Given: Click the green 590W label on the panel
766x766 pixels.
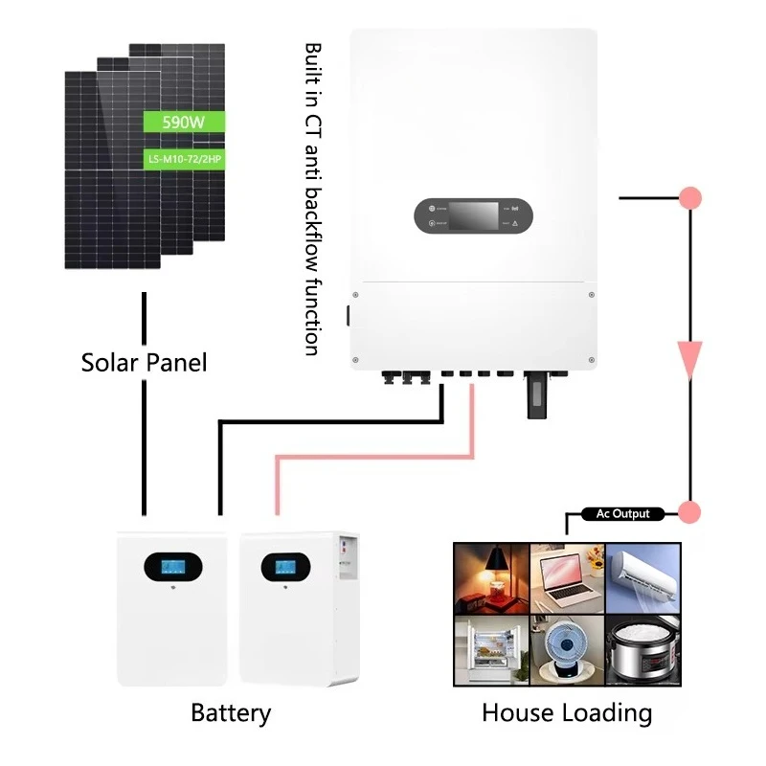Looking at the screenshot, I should (183, 122).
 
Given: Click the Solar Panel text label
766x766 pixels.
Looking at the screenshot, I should (144, 363).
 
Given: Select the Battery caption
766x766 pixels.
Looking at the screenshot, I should (231, 713).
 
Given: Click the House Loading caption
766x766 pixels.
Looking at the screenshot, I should (567, 713).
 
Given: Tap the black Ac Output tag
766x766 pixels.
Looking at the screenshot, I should (622, 514).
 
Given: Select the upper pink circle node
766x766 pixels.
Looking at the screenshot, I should (689, 198).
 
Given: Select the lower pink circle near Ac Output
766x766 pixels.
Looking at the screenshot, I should (689, 512).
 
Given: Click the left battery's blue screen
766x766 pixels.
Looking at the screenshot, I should (172, 567).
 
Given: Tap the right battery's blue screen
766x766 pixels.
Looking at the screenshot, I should (284, 567).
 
